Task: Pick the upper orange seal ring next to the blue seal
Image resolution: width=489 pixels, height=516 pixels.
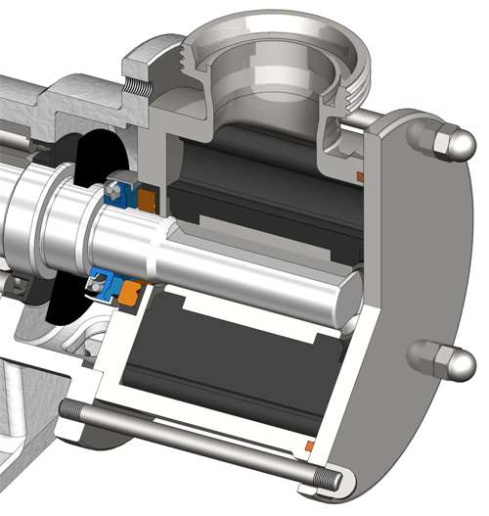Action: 147,199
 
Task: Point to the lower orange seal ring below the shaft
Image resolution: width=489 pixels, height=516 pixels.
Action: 132,291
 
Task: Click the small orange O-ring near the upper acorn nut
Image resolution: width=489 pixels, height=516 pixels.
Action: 360,176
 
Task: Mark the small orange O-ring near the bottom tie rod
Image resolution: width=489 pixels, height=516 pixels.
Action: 310,446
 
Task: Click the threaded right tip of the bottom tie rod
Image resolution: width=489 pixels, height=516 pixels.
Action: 333,480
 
